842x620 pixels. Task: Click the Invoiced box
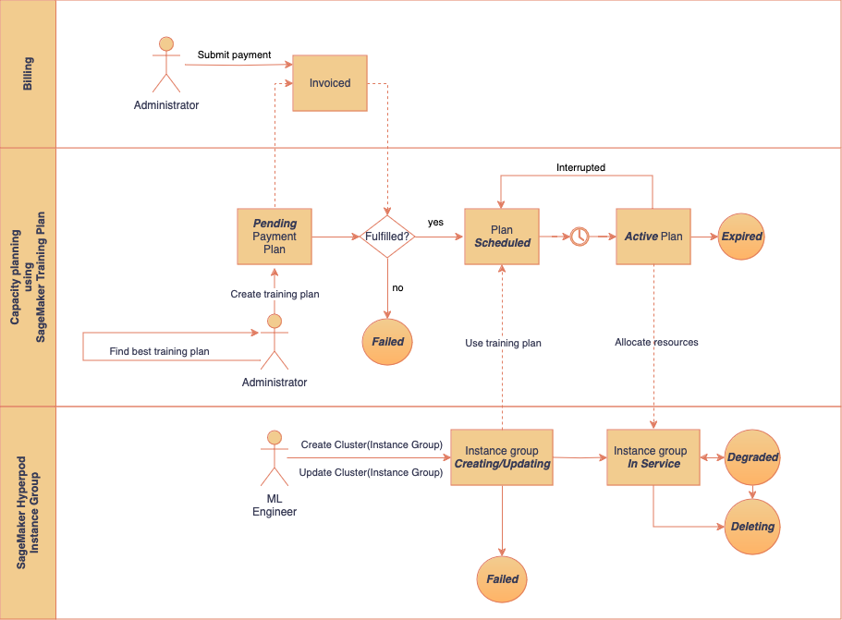pyautogui.click(x=330, y=83)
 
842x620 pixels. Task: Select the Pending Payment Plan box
pyautogui.click(x=275, y=237)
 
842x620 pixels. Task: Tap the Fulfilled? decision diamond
pyautogui.click(x=387, y=237)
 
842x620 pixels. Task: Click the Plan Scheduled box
pyautogui.click(x=502, y=237)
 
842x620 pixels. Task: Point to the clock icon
pyautogui.click(x=579, y=237)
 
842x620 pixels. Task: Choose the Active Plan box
pyautogui.click(x=653, y=237)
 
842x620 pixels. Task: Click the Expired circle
pyautogui.click(x=741, y=237)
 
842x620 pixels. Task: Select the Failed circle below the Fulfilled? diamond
pyautogui.click(x=387, y=342)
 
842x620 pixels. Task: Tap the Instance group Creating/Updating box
pyautogui.click(x=502, y=457)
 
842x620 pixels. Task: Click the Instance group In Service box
pyautogui.click(x=653, y=457)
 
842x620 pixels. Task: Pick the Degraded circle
pyautogui.click(x=751, y=457)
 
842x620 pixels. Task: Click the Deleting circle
pyautogui.click(x=751, y=527)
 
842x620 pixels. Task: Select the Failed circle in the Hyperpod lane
pyautogui.click(x=502, y=579)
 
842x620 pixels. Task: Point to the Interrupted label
pyautogui.click(x=580, y=167)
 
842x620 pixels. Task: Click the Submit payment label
pyautogui.click(x=234, y=55)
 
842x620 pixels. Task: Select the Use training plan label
pyautogui.click(x=503, y=343)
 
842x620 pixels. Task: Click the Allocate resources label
pyautogui.click(x=656, y=342)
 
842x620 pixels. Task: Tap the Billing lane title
pyautogui.click(x=28, y=74)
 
